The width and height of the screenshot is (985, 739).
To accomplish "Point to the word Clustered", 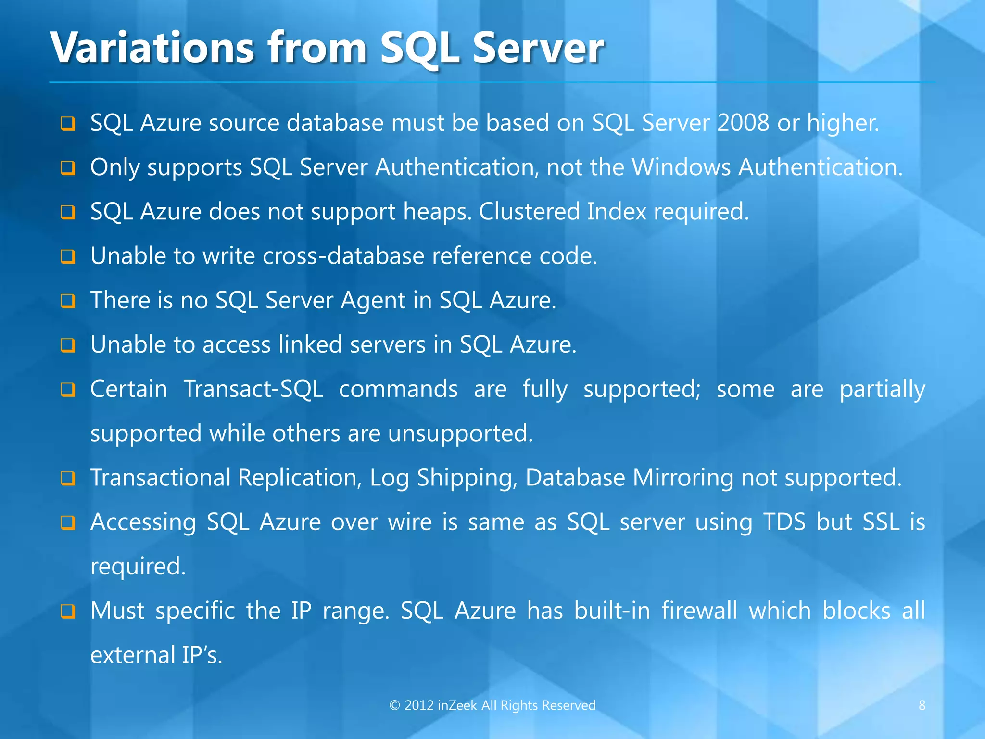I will coord(530,211).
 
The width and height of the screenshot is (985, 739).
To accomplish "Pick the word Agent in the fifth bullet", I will coord(373,301).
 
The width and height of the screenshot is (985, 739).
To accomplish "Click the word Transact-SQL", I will coord(253,389).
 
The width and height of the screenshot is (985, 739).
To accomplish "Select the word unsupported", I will coord(460,433).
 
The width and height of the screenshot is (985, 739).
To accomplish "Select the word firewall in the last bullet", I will coord(699,611).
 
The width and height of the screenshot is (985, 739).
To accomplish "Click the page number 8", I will coord(922,705).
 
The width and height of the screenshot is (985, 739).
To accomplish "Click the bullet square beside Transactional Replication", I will coord(68,479).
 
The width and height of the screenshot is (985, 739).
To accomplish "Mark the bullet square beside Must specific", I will coord(68,612).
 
